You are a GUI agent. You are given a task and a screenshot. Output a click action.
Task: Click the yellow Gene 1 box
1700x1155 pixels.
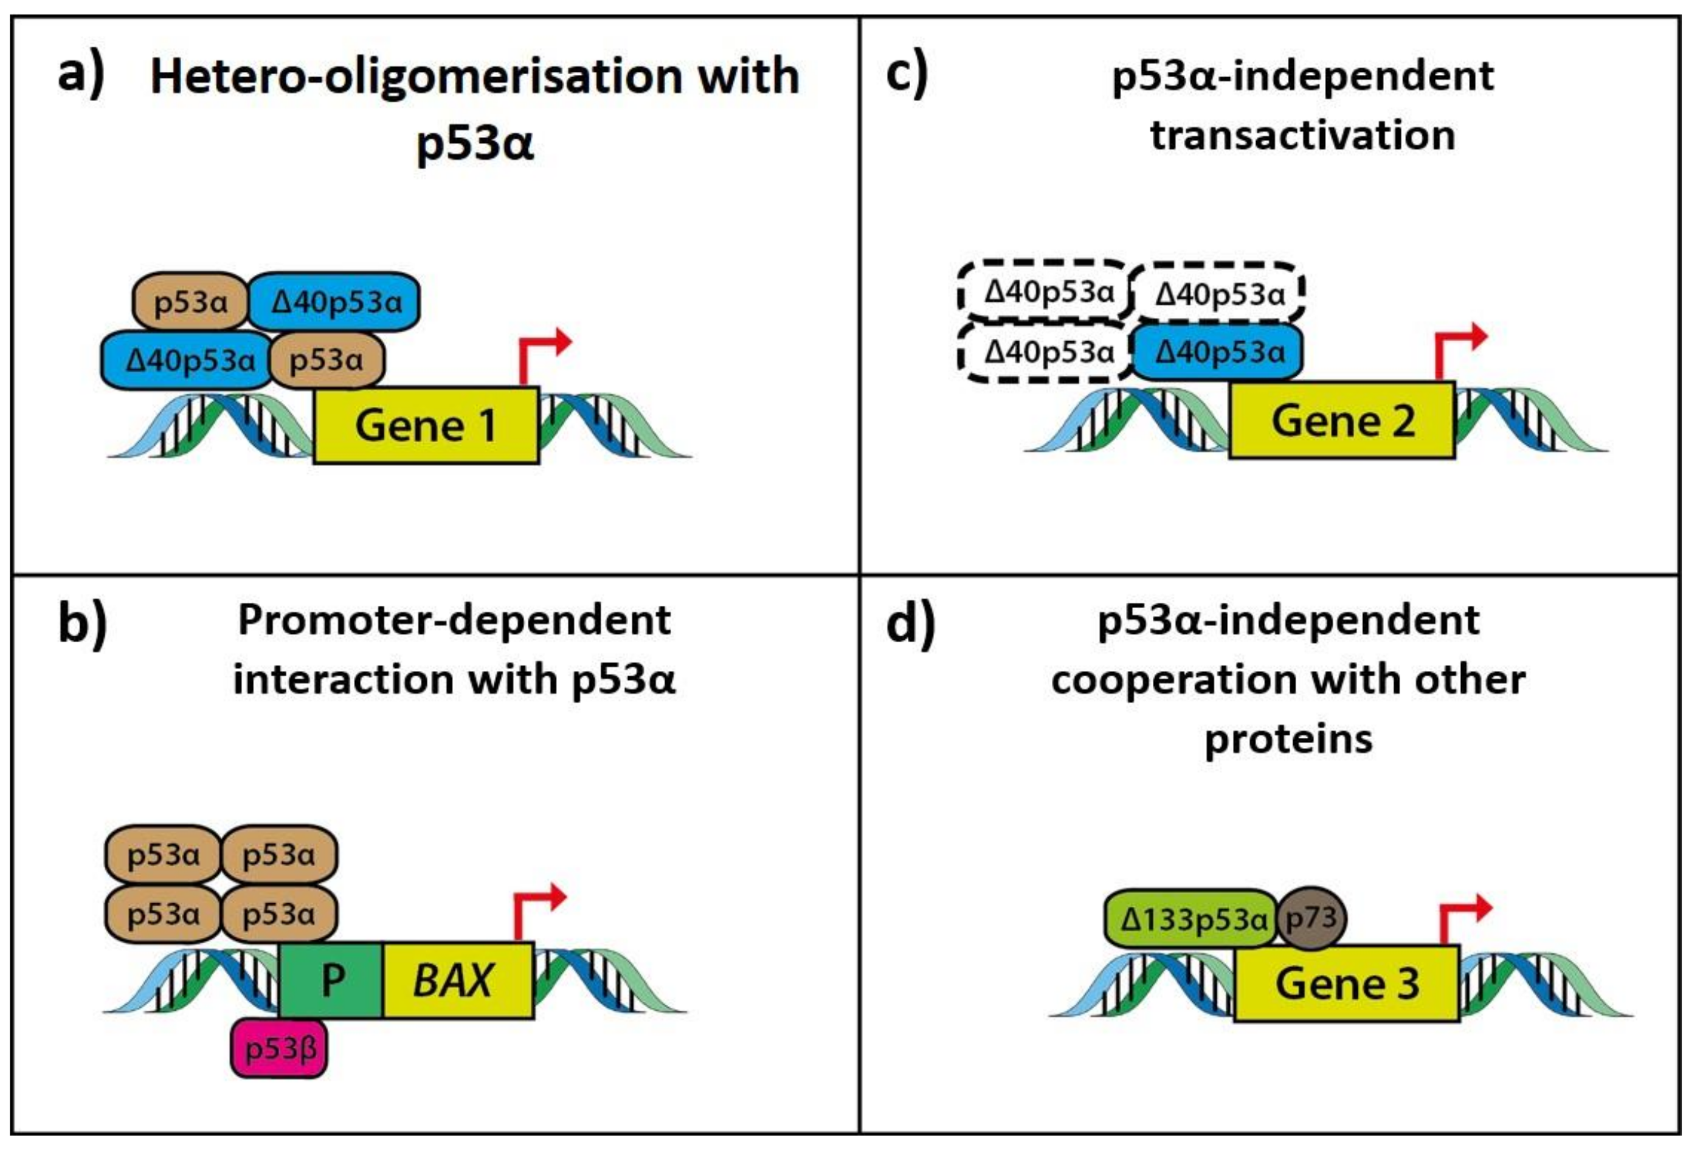click(426, 425)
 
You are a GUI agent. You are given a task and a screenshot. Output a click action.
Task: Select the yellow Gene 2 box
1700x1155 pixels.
click(1342, 421)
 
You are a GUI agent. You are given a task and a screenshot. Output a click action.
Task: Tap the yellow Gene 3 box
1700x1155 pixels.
click(1347, 983)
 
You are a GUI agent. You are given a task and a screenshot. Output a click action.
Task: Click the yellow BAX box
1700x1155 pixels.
click(457, 980)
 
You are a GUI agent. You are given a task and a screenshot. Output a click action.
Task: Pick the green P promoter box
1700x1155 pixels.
click(331, 980)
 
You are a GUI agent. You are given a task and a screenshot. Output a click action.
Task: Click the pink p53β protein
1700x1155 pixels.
click(280, 1050)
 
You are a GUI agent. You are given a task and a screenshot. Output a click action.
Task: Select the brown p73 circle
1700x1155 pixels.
click(1311, 918)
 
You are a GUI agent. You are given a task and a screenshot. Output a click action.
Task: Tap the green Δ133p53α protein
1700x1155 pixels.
click(1191, 919)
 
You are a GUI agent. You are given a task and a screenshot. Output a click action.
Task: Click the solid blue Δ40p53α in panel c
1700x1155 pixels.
click(1218, 353)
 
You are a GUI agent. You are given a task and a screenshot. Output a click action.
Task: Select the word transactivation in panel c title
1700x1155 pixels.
click(1303, 136)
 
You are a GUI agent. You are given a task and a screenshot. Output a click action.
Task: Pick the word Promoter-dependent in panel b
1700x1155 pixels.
click(454, 621)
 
